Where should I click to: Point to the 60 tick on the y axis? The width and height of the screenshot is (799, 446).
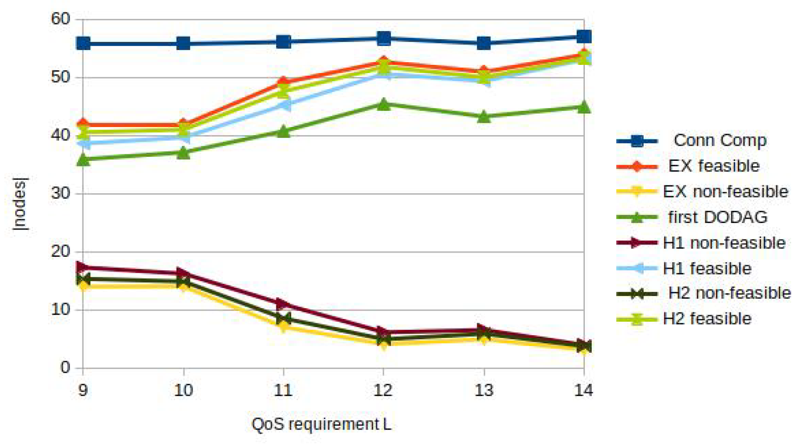(x=61, y=19)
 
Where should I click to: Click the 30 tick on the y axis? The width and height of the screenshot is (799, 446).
(x=61, y=193)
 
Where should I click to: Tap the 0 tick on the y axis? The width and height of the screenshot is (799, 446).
(x=65, y=367)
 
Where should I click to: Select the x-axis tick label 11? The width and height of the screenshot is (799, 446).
(x=283, y=390)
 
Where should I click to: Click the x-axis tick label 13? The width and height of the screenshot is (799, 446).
(x=483, y=390)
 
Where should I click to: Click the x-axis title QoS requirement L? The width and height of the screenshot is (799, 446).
(x=321, y=424)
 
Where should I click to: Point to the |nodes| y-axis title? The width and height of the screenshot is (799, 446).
(x=19, y=204)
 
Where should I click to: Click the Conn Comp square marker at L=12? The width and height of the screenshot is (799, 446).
(x=384, y=38)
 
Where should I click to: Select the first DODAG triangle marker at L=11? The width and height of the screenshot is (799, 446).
(x=283, y=132)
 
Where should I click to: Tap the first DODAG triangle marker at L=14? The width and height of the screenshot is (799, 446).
(x=584, y=107)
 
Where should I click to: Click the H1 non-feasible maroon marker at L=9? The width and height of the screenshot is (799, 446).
(x=82, y=267)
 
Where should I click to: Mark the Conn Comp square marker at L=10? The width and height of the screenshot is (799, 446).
(x=183, y=43)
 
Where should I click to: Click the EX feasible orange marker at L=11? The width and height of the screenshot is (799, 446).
(x=283, y=82)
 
